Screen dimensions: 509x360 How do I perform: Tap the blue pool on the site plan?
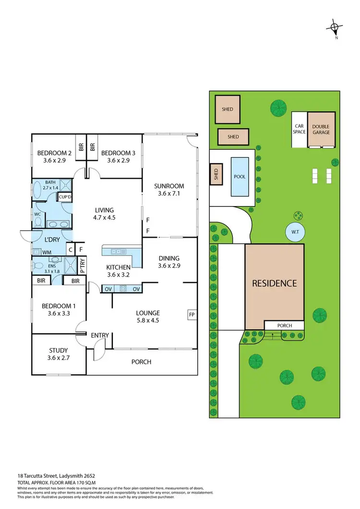[240, 177]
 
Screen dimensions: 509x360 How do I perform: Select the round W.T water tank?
[294, 232]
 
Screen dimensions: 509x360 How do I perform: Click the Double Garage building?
[321, 130]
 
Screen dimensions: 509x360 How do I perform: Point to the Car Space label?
[300, 129]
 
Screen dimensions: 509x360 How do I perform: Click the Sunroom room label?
[169, 186]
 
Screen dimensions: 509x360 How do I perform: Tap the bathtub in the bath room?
[39, 190]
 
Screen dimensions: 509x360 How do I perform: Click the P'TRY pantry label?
[82, 266]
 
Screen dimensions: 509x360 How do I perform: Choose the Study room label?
[59, 350]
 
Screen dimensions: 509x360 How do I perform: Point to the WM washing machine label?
[47, 251]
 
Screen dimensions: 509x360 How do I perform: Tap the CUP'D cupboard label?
[64, 197]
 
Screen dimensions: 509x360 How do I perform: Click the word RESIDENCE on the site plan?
[274, 283]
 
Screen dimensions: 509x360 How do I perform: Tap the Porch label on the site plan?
[285, 326]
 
